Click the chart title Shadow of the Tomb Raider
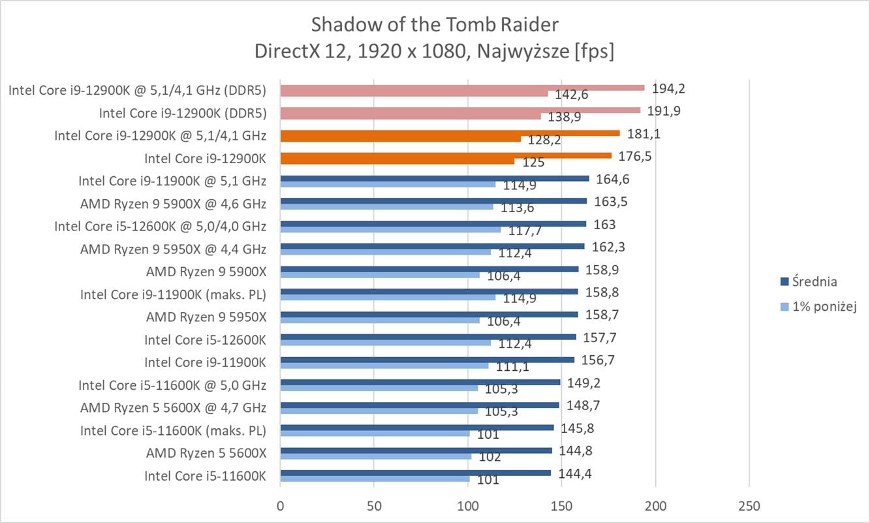(x=435, y=25)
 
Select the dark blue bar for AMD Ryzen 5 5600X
(x=416, y=450)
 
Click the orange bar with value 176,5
(x=446, y=155)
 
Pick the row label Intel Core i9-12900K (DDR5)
(x=183, y=113)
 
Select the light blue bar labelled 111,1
(x=384, y=366)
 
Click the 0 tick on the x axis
(x=280, y=506)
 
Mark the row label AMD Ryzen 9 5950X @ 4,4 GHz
(x=173, y=249)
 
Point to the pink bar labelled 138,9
(x=410, y=116)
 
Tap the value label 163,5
(x=611, y=201)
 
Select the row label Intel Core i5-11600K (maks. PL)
(x=173, y=430)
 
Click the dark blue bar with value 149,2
(x=420, y=382)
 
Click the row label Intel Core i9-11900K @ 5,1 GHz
(x=172, y=181)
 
